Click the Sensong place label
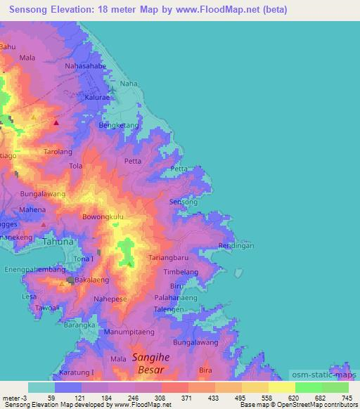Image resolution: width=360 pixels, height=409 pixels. point(184,202)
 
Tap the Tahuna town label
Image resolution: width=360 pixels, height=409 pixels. point(58,241)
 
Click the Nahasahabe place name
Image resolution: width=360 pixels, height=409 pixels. point(85,66)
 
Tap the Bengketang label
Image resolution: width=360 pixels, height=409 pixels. point(117,126)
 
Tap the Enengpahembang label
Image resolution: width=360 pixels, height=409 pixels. point(34,269)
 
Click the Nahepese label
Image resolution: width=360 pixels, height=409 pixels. point(111,299)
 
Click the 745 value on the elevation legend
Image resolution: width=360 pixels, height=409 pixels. point(346,398)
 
